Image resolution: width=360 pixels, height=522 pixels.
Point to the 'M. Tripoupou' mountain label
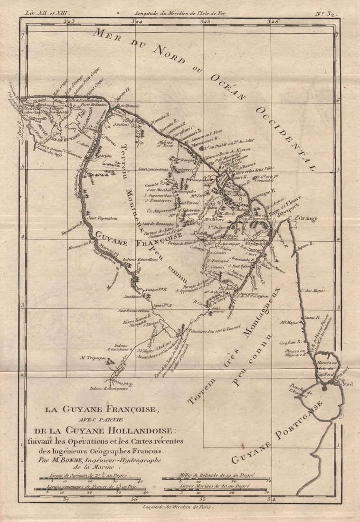pos(95,358)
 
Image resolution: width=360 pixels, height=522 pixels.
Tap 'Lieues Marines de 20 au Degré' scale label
pos(215,486)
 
